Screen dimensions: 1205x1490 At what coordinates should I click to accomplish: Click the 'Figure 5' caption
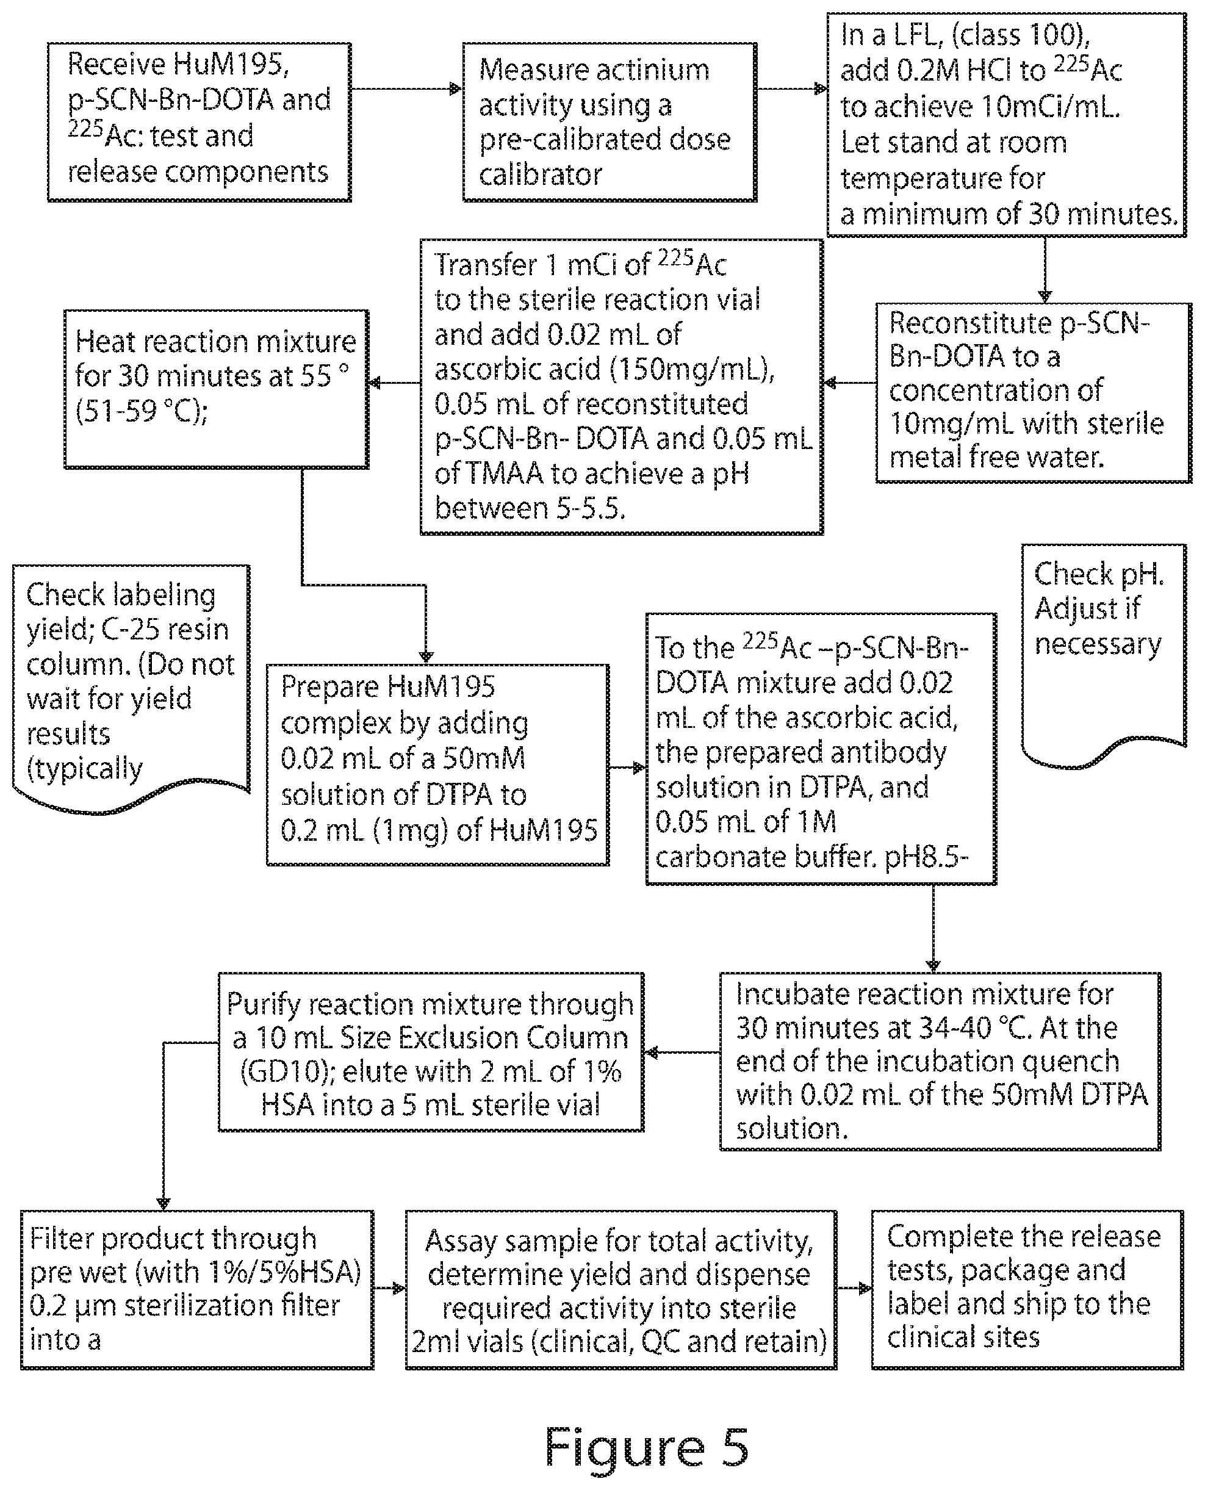tap(646, 1446)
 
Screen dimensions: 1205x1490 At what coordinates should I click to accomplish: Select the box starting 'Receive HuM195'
tap(200, 122)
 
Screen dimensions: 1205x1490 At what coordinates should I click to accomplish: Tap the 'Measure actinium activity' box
tap(610, 122)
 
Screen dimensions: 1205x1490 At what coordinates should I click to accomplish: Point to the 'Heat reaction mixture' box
tap(217, 389)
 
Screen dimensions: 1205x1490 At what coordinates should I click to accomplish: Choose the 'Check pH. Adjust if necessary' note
tap(1104, 656)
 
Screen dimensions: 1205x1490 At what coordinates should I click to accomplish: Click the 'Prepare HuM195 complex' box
tap(438, 765)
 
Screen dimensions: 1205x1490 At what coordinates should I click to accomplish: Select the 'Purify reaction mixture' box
tap(431, 1052)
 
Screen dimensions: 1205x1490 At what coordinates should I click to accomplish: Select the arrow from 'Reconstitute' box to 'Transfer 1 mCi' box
tap(850, 383)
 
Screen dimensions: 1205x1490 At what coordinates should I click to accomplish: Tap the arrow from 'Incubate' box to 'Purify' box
tap(682, 1053)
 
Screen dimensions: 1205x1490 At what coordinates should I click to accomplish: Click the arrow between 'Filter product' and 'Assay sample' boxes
tap(389, 1289)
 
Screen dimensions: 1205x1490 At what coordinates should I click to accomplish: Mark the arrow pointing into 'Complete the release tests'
tap(854, 1289)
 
